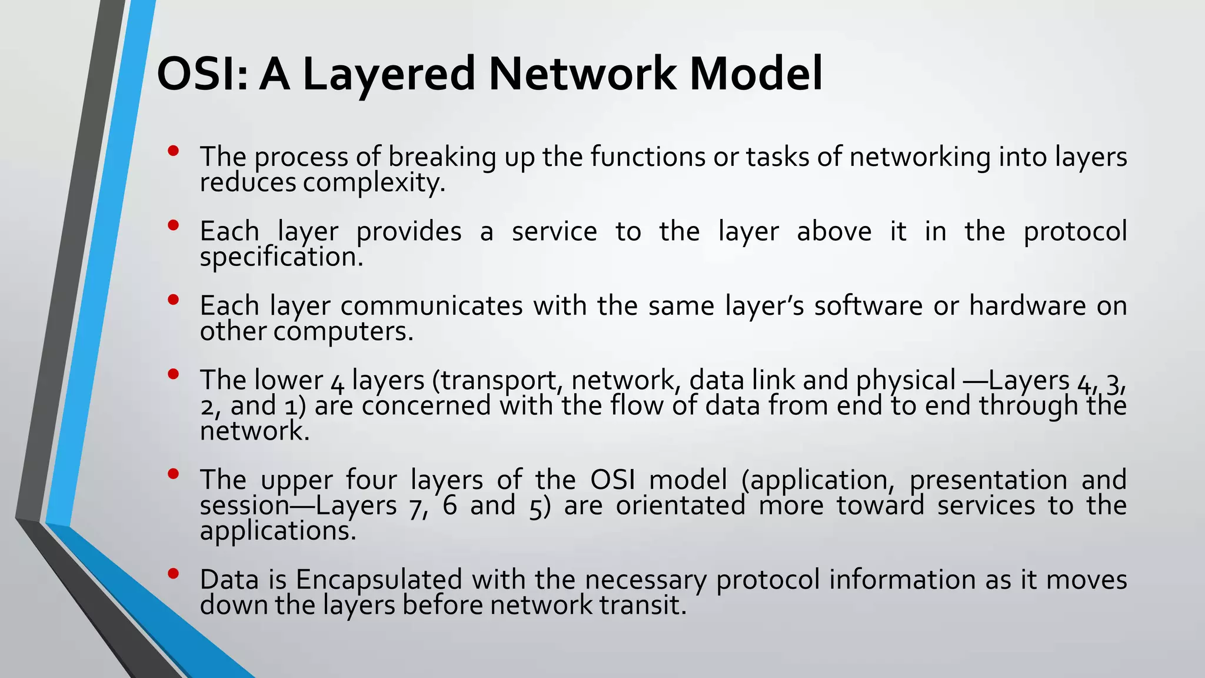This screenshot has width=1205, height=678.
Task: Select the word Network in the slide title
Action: click(x=582, y=74)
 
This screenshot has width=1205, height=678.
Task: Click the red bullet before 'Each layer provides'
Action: click(x=172, y=225)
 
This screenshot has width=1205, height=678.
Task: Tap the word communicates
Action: click(x=431, y=306)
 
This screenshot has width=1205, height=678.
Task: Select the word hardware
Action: click(x=1027, y=306)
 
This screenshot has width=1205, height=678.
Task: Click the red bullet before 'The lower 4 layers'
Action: click(x=172, y=374)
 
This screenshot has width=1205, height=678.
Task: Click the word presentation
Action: click(x=988, y=480)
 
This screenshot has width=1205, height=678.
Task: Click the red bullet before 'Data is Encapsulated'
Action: click(x=172, y=574)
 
